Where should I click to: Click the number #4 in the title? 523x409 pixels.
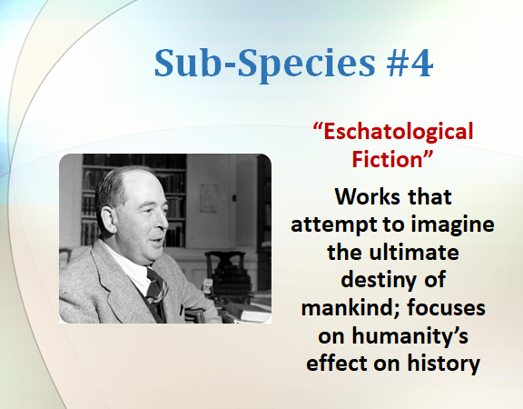pos(410,63)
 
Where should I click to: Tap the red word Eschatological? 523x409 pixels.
pos(393,132)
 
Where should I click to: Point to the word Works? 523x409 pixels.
pos(367,196)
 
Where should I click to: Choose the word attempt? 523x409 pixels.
pos(334,224)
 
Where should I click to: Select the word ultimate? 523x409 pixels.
pos(414,252)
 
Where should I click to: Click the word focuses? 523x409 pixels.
pos(447,307)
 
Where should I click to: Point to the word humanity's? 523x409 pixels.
pos(410,336)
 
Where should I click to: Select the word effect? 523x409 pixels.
pos(336,363)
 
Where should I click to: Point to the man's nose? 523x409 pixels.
pos(163,221)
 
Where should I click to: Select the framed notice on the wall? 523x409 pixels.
pos(209,198)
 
